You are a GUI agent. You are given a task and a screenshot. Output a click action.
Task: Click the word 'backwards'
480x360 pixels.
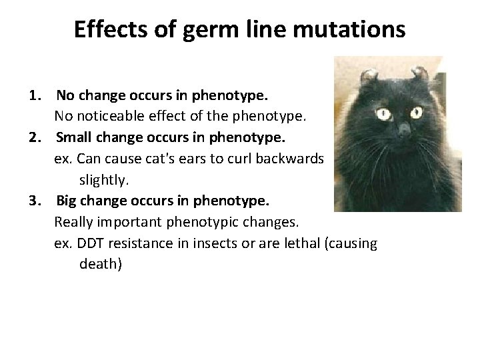292,159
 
